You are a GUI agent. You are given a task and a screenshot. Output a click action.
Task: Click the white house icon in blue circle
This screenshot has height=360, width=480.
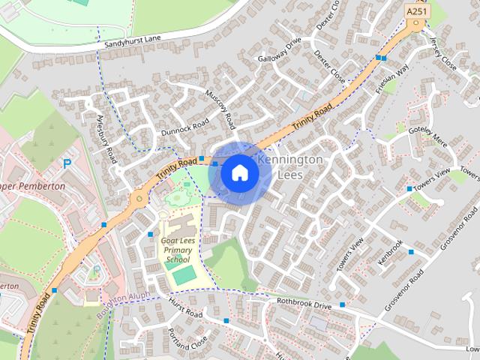click(x=239, y=173)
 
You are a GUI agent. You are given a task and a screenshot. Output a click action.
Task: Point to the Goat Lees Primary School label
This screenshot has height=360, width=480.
click(x=177, y=249)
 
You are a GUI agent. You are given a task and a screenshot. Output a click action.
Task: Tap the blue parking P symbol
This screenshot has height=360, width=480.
click(x=67, y=163)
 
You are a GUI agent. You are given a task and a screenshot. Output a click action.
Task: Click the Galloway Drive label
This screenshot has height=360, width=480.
click(x=278, y=53)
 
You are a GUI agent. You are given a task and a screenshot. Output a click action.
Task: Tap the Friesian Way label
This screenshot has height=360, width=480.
click(x=394, y=77)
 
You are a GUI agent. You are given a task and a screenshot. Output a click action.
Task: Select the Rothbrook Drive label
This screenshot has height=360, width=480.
click(x=303, y=304)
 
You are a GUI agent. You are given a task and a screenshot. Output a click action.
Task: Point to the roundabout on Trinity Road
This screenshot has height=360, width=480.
click(x=138, y=199)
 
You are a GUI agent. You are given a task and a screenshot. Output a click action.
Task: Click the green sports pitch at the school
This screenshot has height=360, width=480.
click(x=184, y=274)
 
